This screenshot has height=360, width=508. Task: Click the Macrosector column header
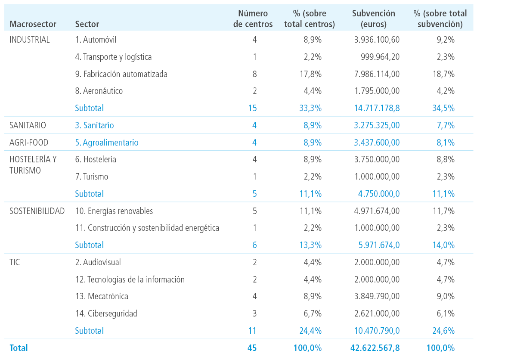coord(33,24)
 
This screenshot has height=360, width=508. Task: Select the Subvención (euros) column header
coord(374,19)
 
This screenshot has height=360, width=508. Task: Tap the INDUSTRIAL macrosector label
coord(29,40)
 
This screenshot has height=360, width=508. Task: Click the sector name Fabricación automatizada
coord(121,74)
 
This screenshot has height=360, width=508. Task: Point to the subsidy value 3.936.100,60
coord(377,40)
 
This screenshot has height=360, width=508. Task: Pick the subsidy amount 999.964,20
coord(380,57)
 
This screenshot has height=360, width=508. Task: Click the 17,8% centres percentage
coord(310,74)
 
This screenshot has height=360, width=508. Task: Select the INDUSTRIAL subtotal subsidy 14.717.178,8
coord(377,108)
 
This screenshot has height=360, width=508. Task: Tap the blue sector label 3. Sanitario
coord(94,125)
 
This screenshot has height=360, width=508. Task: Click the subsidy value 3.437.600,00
coord(377,142)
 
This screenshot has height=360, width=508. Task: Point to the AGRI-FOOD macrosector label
coord(29,142)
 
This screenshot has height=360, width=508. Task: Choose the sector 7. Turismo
coord(92,176)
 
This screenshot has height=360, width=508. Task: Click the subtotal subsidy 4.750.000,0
coord(379,193)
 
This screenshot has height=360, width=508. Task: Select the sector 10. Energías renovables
coord(114,211)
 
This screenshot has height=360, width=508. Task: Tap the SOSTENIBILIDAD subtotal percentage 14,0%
coord(443,245)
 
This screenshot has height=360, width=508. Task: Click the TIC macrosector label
coord(15,262)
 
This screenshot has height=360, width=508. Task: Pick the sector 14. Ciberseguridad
coord(106,313)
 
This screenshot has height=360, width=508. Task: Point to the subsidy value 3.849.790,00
coord(377,296)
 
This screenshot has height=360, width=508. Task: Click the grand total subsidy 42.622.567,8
coord(375,348)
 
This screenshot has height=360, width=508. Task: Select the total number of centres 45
coord(252,348)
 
